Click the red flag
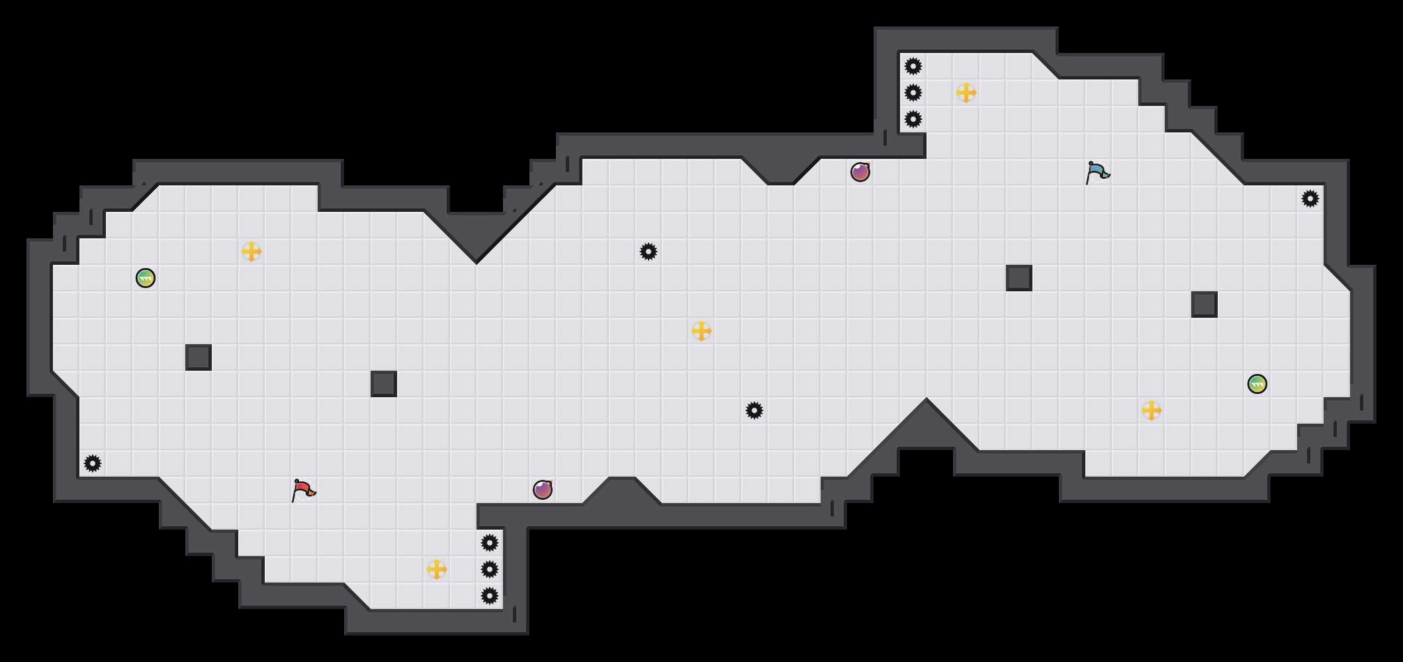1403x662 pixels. click(303, 490)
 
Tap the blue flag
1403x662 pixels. click(1097, 172)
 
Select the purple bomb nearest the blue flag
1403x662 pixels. click(860, 172)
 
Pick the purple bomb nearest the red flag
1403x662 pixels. click(543, 490)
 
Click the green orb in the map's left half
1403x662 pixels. click(146, 278)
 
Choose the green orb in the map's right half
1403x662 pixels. click(1257, 384)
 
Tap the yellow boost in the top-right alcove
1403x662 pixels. click(966, 93)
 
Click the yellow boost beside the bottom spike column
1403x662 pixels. click(437, 569)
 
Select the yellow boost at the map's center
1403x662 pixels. click(701, 331)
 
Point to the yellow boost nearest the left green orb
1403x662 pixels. click(251, 252)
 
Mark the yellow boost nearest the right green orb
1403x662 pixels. click(1152, 410)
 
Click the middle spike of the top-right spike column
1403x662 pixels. click(913, 93)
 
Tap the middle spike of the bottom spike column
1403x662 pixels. click(490, 569)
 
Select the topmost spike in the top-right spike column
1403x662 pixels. click(913, 66)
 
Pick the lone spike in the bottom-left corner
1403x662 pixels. click(93, 463)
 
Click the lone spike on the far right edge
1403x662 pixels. click(1310, 199)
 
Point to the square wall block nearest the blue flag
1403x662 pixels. click(1019, 278)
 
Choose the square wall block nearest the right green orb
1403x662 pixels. click(1204, 305)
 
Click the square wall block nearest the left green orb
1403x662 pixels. click(199, 357)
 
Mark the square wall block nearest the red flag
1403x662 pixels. click(384, 384)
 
